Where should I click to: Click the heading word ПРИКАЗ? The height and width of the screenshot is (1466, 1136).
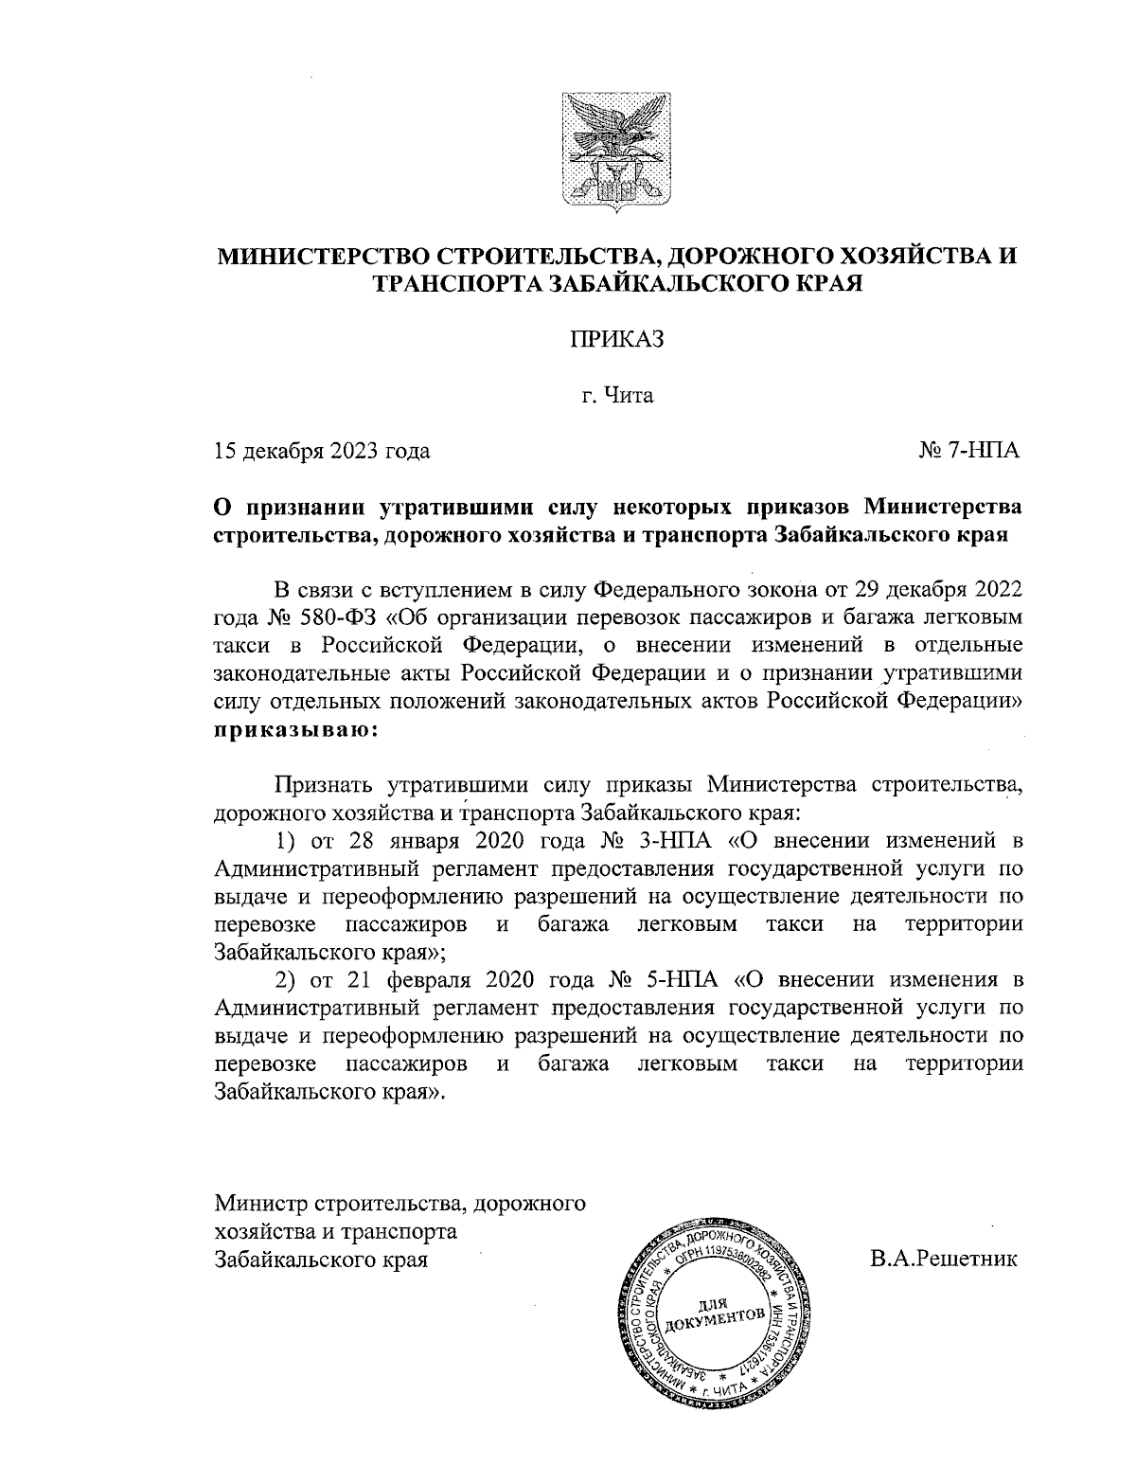point(617,338)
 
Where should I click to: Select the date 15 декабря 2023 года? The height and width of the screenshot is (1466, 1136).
point(323,451)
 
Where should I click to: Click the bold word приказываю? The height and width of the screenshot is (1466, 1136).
point(296,731)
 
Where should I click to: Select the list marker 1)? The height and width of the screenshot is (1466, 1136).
point(286,841)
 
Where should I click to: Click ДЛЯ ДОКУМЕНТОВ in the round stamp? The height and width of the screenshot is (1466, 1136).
point(715,1311)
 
